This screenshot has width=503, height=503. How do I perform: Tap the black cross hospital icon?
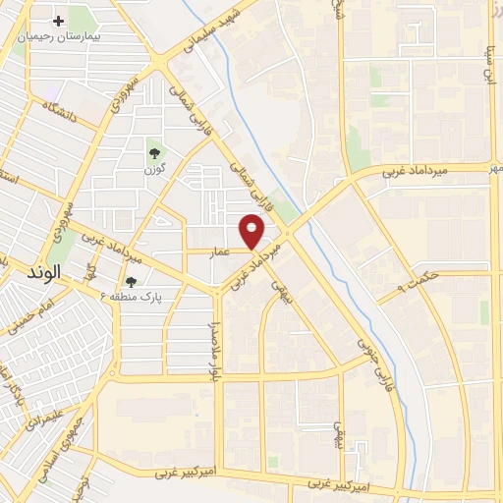tap(58, 21)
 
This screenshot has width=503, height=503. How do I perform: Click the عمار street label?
tap(221, 251)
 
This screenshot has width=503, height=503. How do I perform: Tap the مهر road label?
tap(497, 168)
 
